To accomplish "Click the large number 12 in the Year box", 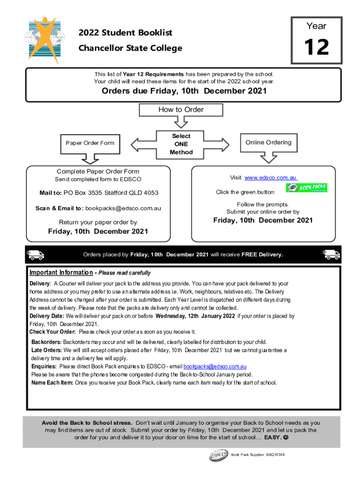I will pos(317,47).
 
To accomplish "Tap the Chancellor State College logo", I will pos(45,41).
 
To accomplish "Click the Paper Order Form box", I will pos(90,143).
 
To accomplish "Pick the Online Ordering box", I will pos(268,142).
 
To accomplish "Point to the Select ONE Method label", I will pos(181,144).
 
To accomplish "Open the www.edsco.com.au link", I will pos(271,178).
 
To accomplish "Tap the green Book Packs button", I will pos(307,188).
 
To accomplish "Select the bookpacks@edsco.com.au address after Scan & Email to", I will pos(123,208).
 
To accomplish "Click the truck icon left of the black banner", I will pos(36,255).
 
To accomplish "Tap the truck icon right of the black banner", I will pos(331,255).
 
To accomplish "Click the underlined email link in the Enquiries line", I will pos(215,366).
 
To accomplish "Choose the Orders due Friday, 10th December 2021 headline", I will pos(184,91).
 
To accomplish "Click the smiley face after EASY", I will pos(285,438).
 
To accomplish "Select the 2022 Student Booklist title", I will pos(125,33).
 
